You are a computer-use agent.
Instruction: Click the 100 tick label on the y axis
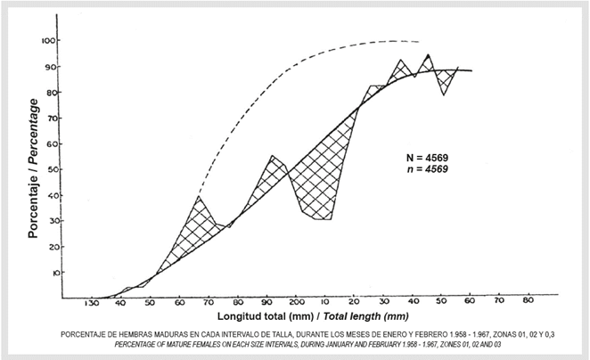(x=53, y=41)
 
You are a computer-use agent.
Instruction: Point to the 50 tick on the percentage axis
(x=55, y=169)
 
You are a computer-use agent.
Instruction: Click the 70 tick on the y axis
(x=55, y=118)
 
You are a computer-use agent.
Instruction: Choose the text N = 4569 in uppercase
(x=423, y=158)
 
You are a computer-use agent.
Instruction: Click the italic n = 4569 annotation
(x=423, y=169)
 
